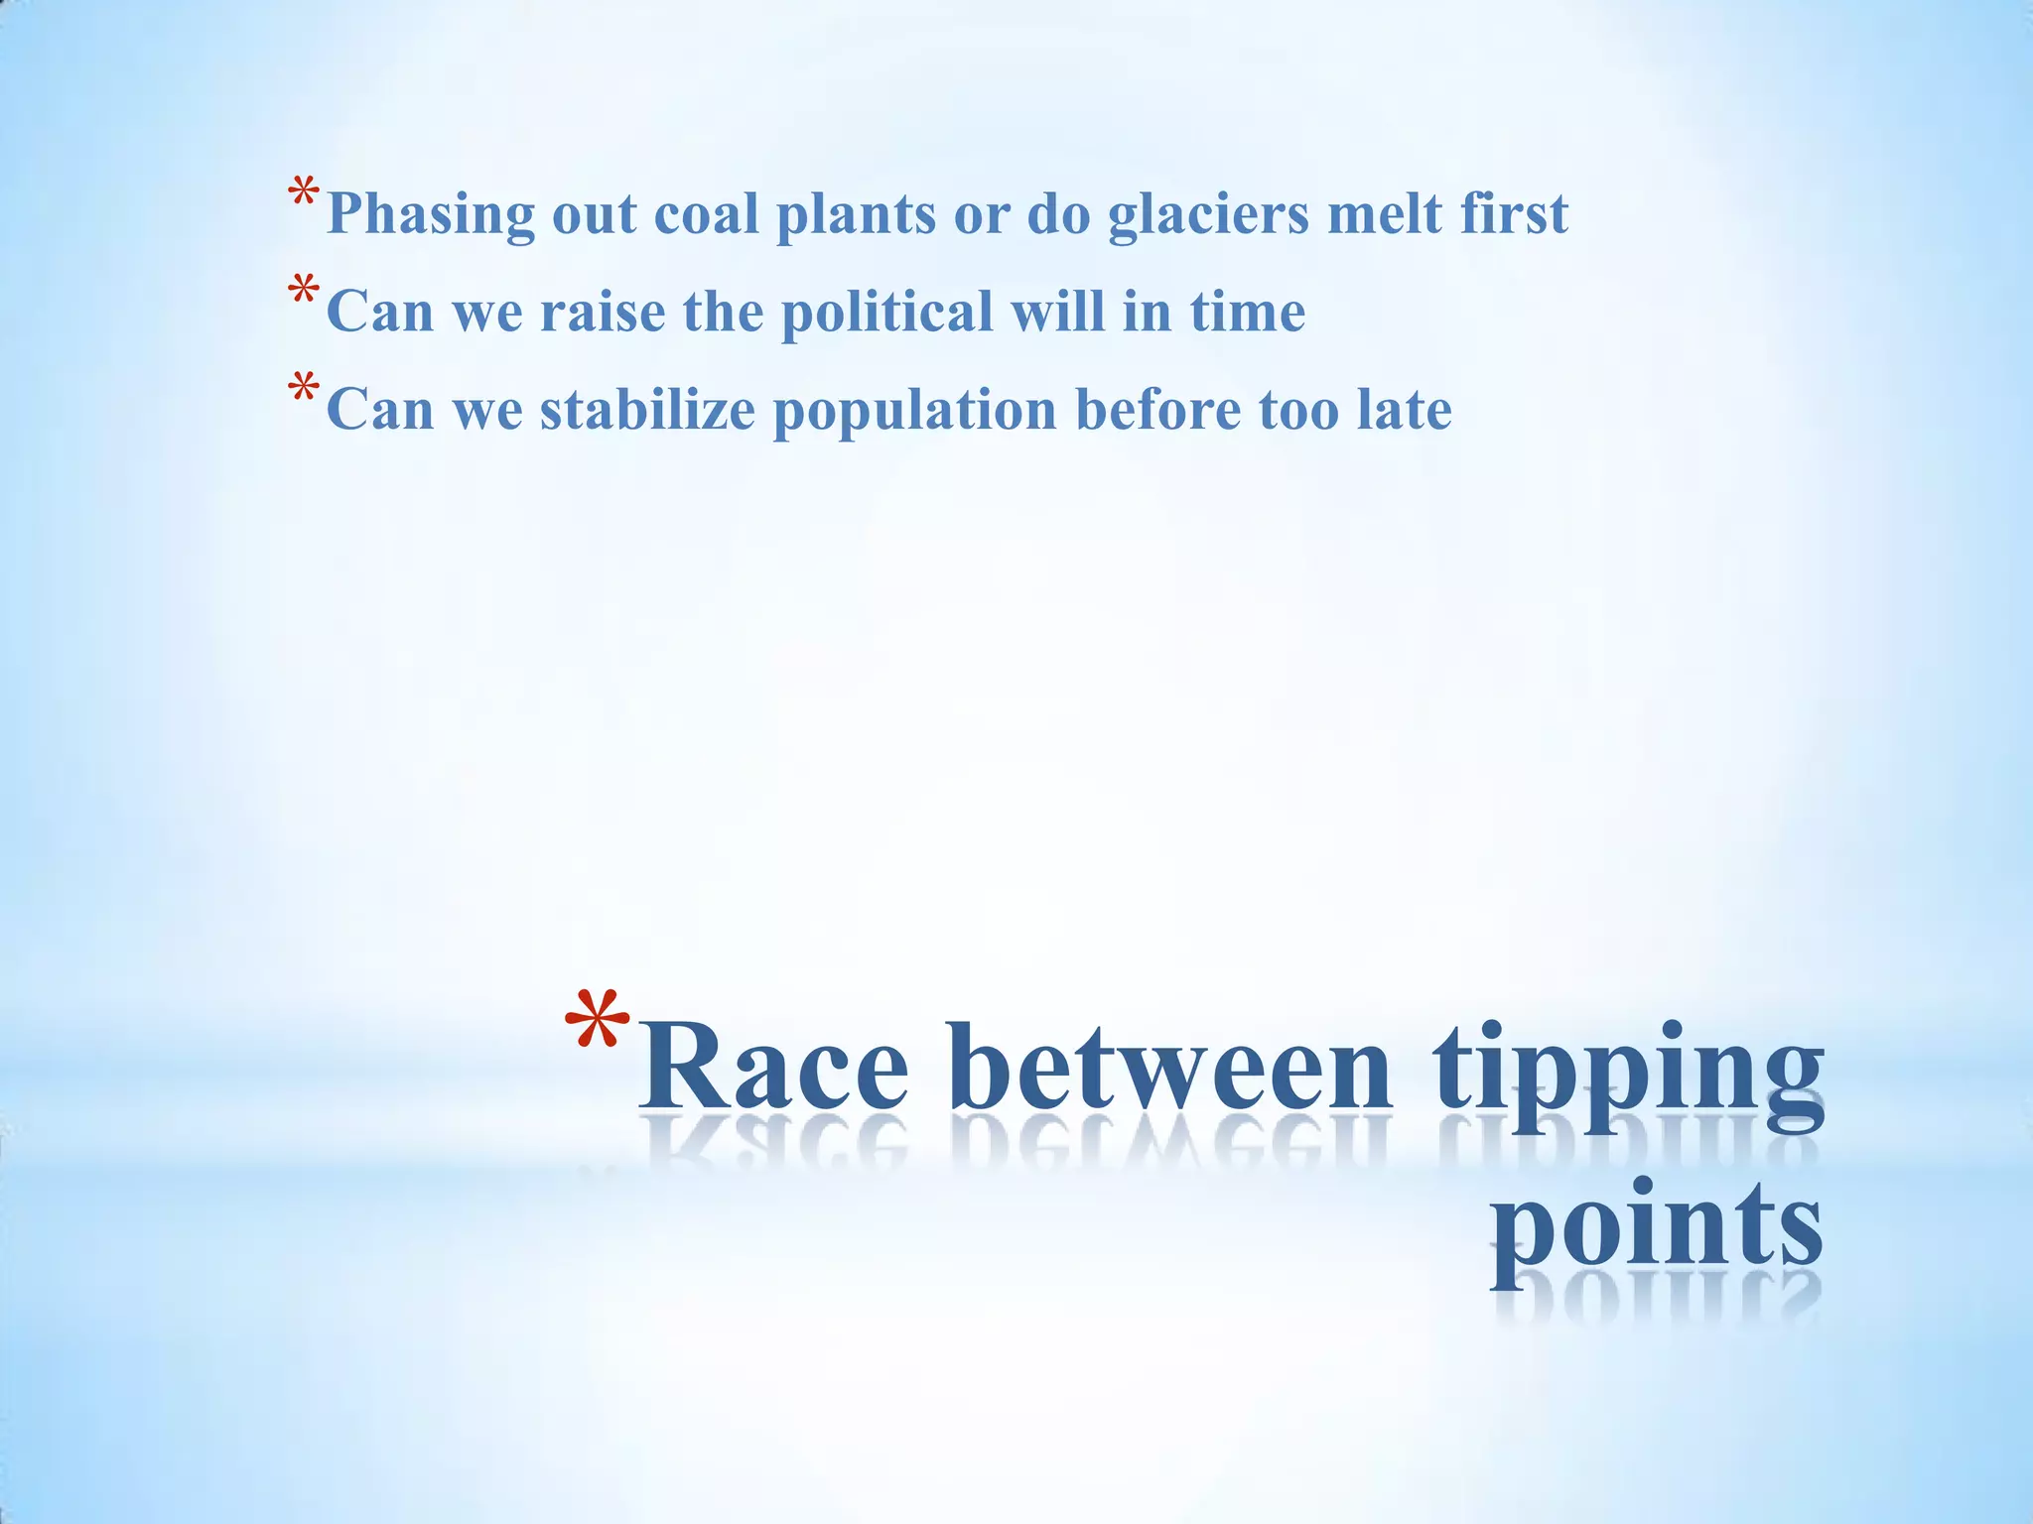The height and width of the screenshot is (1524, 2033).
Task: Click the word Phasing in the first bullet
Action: pos(430,214)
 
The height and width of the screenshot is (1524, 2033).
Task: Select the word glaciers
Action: pos(1208,214)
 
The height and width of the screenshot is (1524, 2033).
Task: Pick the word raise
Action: pos(603,312)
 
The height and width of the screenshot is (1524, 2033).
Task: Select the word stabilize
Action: pos(647,409)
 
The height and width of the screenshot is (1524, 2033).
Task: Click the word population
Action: pos(914,411)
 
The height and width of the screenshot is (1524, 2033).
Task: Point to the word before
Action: pos(1158,409)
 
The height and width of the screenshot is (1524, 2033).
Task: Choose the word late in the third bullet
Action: pos(1404,409)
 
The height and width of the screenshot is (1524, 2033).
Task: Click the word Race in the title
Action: pos(772,1068)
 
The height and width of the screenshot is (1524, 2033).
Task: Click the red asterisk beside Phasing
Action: pos(304,194)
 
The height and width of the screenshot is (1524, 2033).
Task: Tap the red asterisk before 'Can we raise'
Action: pos(304,294)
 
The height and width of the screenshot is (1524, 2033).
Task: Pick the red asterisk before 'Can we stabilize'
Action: pos(304,391)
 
